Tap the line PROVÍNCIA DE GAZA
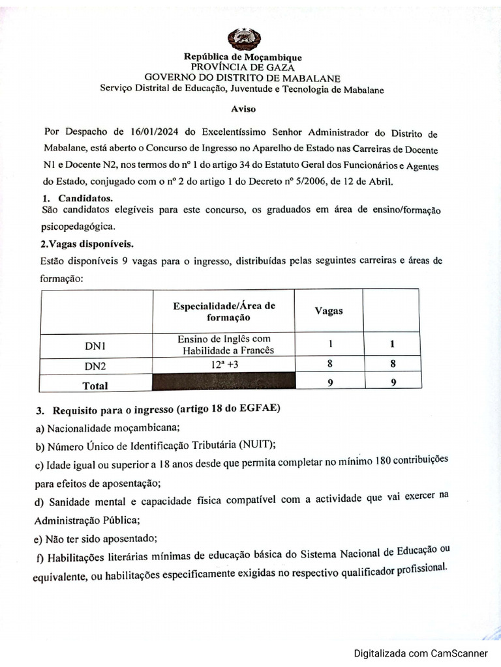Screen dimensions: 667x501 [243, 66]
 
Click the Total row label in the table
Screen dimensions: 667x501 [95, 385]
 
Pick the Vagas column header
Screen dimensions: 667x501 [329, 311]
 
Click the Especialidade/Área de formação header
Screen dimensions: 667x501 [224, 311]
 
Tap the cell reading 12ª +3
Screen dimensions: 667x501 [224, 365]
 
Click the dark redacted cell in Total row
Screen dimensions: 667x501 [224, 382]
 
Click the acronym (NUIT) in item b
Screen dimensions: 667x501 [257, 446]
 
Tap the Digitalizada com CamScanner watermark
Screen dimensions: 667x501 [421, 653]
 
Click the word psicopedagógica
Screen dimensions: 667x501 [78, 227]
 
